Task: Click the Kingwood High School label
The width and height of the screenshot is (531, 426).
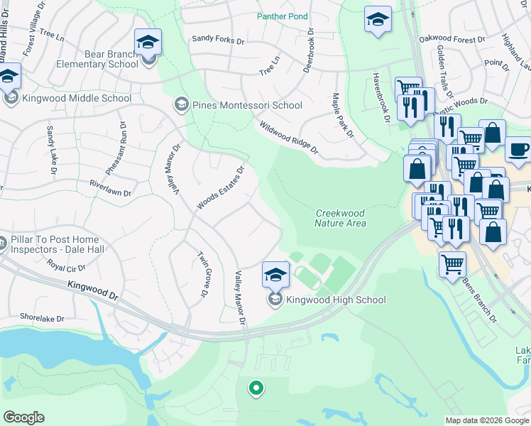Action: tap(336, 300)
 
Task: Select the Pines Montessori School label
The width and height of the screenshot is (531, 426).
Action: tap(247, 105)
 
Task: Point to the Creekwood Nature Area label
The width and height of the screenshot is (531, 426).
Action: tap(341, 218)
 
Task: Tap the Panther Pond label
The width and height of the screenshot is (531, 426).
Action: tap(283, 16)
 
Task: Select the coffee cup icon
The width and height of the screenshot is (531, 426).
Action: tap(518, 150)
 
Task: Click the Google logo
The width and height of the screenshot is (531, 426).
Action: tap(23, 417)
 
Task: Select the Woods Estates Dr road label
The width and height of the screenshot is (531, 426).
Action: tap(220, 188)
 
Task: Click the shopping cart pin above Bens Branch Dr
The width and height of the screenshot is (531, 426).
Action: tap(452, 265)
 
